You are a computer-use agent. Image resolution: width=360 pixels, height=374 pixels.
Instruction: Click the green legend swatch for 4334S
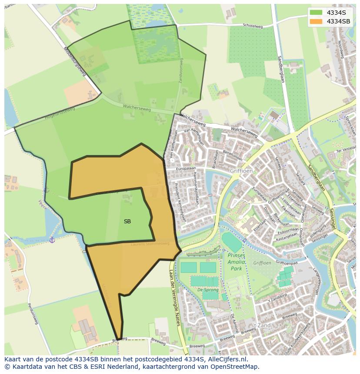click(316, 13)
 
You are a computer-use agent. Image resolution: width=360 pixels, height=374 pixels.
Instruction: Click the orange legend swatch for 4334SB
click(316, 21)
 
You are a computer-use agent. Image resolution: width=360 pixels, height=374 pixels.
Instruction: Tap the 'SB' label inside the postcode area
click(127, 222)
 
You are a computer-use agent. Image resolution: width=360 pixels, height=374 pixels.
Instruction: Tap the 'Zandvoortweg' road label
click(181, 71)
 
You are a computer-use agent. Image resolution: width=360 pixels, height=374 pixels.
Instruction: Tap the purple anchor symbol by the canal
click(52, 239)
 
